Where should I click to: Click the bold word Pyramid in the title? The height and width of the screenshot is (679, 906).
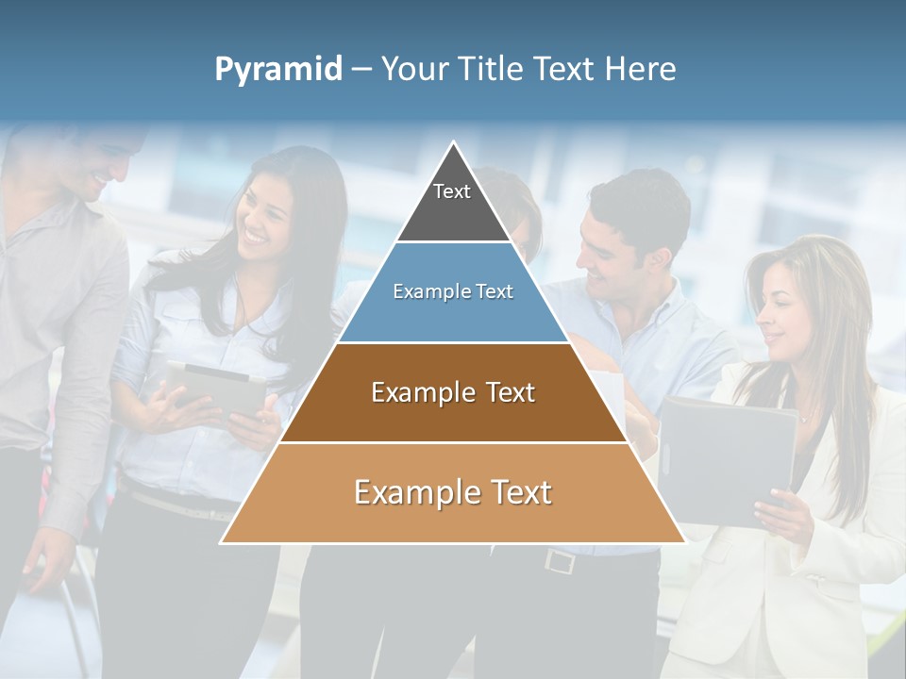[278, 70]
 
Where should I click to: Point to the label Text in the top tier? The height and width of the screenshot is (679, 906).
[452, 191]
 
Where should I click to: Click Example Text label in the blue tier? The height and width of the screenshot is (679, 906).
[453, 291]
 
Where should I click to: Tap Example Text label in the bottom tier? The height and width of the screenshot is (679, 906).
[453, 492]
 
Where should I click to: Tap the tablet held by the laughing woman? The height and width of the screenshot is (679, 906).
[215, 387]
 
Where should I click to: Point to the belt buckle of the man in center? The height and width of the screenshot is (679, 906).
[560, 561]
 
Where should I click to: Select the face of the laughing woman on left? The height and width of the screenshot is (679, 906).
[261, 217]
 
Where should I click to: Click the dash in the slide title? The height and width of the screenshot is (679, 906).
[361, 70]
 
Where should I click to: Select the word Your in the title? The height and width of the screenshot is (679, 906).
[415, 70]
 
